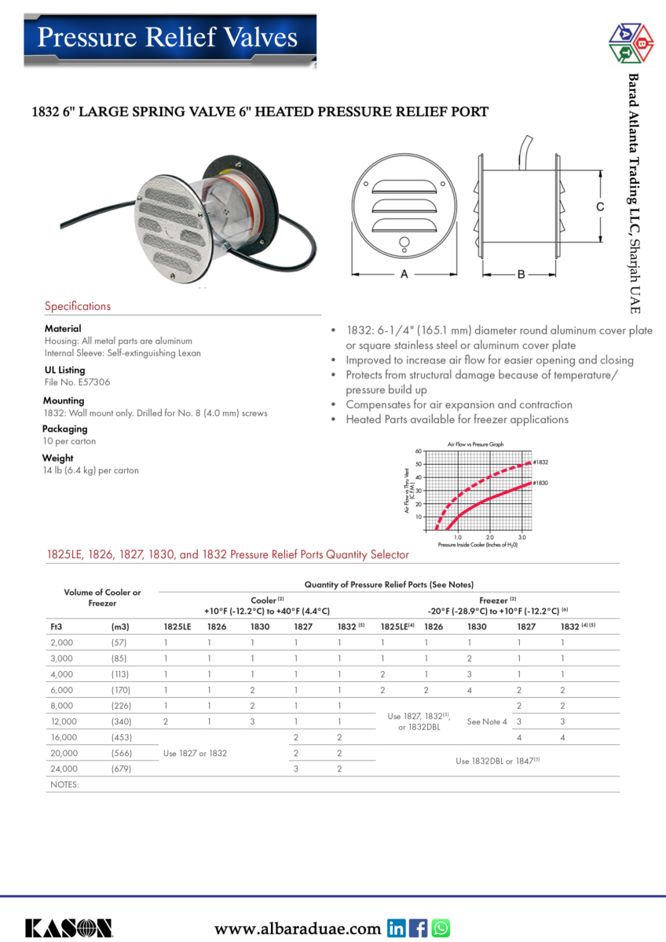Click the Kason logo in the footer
(x=68, y=928)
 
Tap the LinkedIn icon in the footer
(x=397, y=929)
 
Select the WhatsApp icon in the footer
(x=441, y=929)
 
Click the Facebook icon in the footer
(x=419, y=929)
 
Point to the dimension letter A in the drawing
(x=404, y=275)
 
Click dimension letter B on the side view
(x=521, y=275)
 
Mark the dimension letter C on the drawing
(x=599, y=207)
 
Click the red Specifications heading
(x=78, y=306)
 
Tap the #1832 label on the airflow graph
(x=540, y=462)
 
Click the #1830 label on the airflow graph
(x=540, y=483)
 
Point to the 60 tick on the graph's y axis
(x=419, y=451)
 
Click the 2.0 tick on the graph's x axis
(x=489, y=537)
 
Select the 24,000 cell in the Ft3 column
(x=64, y=769)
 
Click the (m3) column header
(x=120, y=627)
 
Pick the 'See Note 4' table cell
(x=487, y=721)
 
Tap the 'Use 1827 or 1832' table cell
(x=194, y=753)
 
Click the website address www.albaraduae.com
(x=298, y=929)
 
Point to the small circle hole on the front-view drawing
(x=404, y=241)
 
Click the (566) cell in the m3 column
(x=120, y=753)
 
